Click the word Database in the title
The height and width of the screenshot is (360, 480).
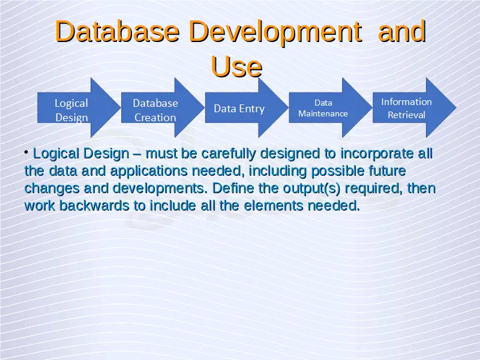(x=117, y=31)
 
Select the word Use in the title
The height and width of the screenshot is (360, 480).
(x=236, y=67)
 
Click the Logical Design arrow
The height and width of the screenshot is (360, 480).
(x=79, y=108)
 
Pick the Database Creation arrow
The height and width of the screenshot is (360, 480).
(x=163, y=108)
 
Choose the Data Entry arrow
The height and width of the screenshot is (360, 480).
(x=247, y=108)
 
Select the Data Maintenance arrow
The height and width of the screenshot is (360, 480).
(x=331, y=108)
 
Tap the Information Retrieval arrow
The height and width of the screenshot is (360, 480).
(x=415, y=108)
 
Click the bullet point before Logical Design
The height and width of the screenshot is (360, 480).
(x=26, y=152)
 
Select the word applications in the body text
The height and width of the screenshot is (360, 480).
(x=149, y=172)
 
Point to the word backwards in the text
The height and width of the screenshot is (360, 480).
(x=94, y=206)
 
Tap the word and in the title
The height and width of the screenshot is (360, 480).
(x=402, y=31)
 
